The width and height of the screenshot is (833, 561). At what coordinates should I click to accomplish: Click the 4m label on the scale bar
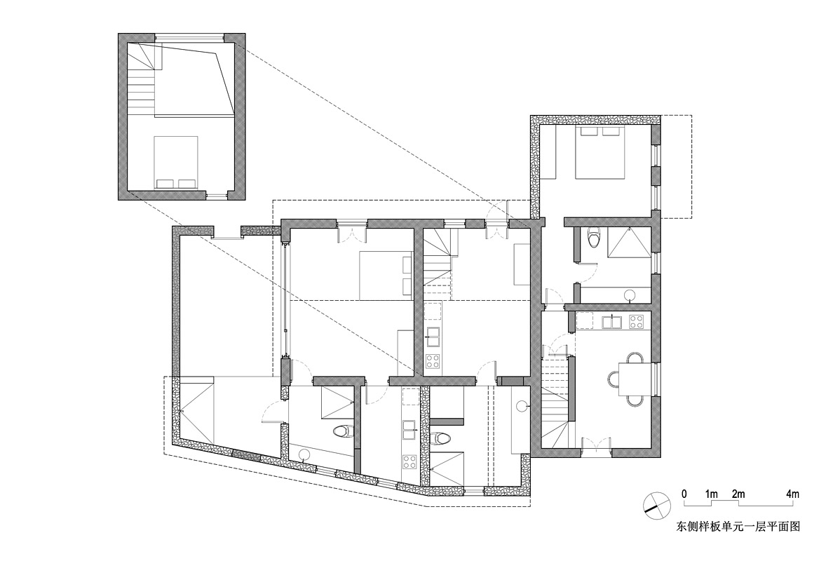click(792, 494)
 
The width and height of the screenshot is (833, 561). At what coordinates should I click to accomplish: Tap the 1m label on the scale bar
click(712, 494)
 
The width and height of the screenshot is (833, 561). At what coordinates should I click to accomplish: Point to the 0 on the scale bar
click(684, 494)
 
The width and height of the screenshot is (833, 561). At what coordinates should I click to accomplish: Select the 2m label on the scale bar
click(738, 494)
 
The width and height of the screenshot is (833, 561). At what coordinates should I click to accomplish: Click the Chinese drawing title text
click(738, 527)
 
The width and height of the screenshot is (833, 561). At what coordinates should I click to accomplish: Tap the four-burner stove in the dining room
click(636, 321)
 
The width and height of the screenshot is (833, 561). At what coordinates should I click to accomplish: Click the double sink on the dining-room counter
click(611, 321)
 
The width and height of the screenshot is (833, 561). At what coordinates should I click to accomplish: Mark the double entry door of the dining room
click(597, 444)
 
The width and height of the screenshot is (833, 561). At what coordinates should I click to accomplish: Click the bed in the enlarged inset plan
click(176, 163)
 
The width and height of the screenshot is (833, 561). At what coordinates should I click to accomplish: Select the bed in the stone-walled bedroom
click(601, 151)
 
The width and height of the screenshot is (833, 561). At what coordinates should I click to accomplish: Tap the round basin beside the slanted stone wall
click(305, 454)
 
